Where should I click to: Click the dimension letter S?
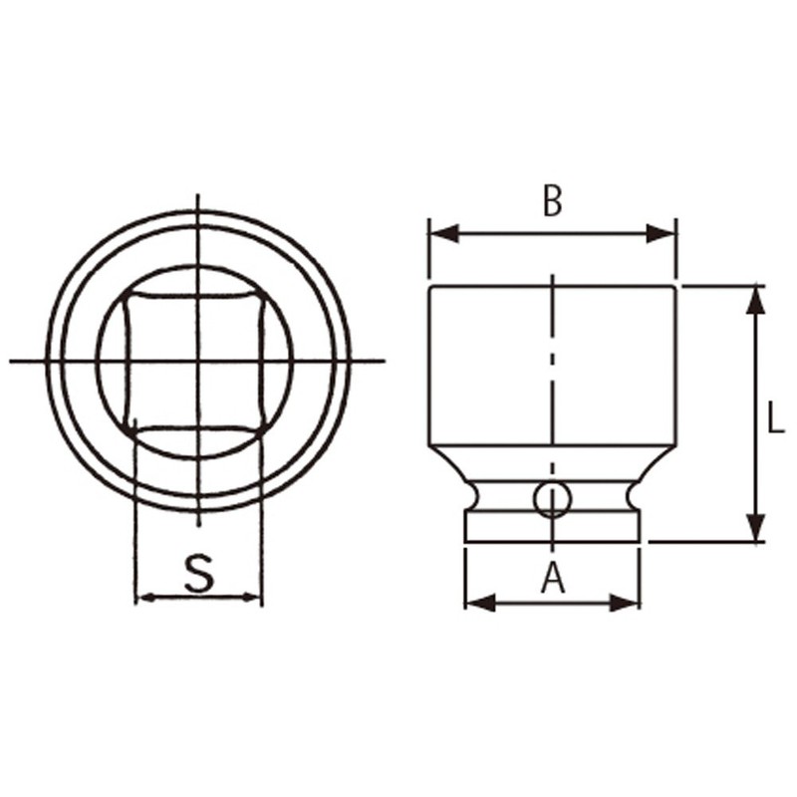click(199, 575)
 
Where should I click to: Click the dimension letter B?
click(552, 201)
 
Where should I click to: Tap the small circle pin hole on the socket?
click(552, 498)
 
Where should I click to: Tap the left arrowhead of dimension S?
click(145, 598)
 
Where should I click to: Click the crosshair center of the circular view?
click(199, 361)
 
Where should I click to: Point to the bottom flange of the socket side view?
click(552, 528)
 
